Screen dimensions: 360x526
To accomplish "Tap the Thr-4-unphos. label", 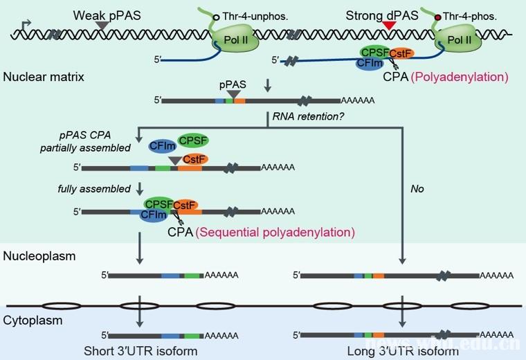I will click(x=254, y=14).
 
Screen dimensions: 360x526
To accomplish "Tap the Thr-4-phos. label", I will click(x=469, y=14).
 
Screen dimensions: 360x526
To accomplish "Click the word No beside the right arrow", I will click(x=417, y=188).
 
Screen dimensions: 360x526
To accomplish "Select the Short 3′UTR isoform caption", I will click(x=141, y=351).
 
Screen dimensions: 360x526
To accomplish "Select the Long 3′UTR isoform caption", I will click(x=403, y=351).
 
